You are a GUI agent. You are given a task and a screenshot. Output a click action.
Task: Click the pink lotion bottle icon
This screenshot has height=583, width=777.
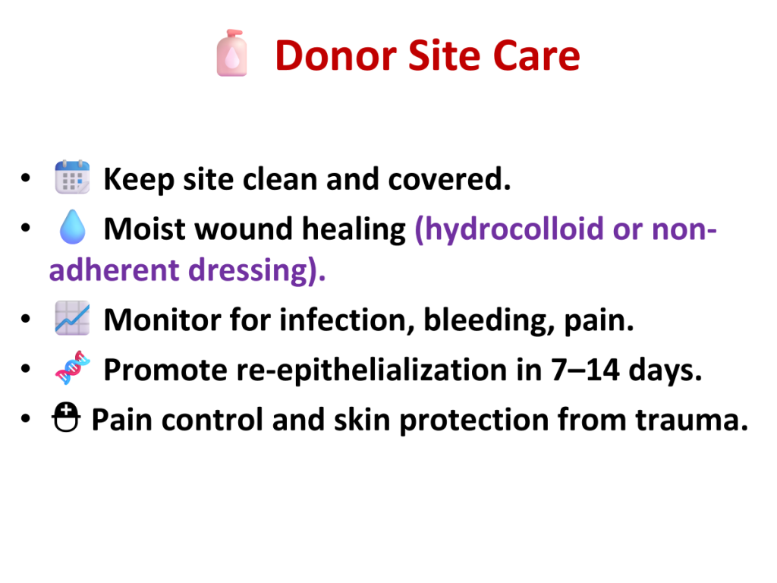click(231, 53)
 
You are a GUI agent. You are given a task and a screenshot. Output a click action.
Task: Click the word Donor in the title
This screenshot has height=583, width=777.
click(336, 55)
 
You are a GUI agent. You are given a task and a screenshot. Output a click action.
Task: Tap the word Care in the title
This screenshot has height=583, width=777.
click(536, 55)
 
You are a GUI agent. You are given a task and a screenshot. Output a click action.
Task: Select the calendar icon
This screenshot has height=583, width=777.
click(72, 177)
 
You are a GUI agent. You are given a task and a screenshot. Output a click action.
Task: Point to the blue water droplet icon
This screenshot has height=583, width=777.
click(72, 227)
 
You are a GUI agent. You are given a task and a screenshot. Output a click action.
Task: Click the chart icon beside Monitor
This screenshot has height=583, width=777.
click(72, 318)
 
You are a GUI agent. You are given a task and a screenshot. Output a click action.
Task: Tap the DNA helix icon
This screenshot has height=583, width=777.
click(72, 368)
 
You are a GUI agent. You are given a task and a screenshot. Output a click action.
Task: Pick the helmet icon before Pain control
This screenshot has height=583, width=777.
click(66, 418)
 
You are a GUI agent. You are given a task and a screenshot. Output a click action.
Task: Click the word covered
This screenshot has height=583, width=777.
click(449, 179)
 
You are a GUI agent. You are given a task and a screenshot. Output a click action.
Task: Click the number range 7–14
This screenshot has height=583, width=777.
click(585, 370)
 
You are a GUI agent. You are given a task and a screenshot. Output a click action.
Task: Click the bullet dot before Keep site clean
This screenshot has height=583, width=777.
click(26, 178)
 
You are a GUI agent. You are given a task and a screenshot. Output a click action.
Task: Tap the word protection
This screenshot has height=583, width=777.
click(473, 421)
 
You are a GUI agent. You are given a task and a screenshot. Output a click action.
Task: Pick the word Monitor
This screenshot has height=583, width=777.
click(162, 320)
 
